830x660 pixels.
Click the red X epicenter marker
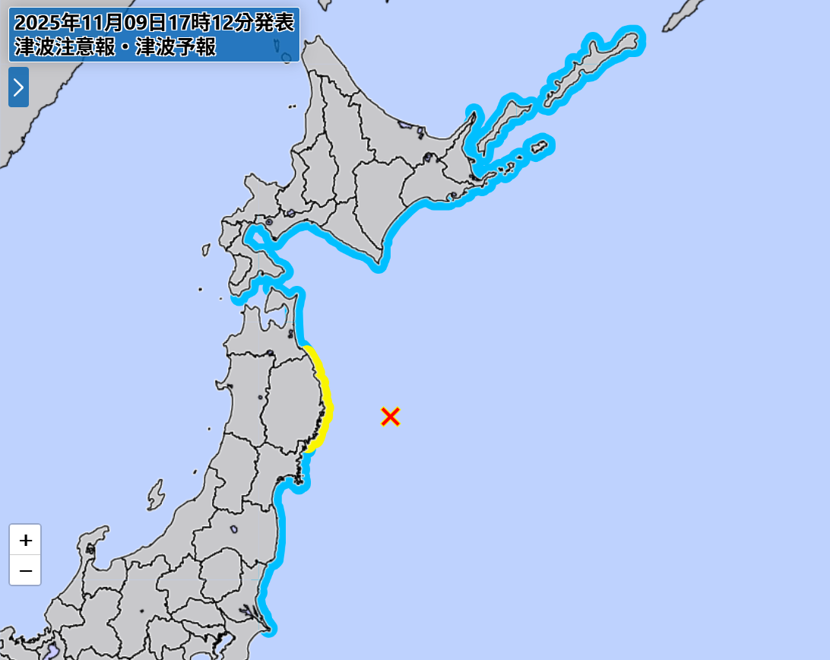click(x=390, y=416)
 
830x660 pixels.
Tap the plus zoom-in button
click(x=25, y=541)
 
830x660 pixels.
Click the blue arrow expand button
click(x=18, y=87)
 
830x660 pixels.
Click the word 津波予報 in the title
click(x=176, y=48)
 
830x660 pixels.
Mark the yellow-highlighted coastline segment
click(x=325, y=395)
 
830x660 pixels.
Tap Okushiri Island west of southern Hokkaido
click(x=205, y=249)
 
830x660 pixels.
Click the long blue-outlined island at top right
click(x=593, y=65)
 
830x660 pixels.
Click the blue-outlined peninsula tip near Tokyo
click(x=268, y=629)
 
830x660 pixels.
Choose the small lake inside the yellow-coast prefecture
click(x=261, y=397)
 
